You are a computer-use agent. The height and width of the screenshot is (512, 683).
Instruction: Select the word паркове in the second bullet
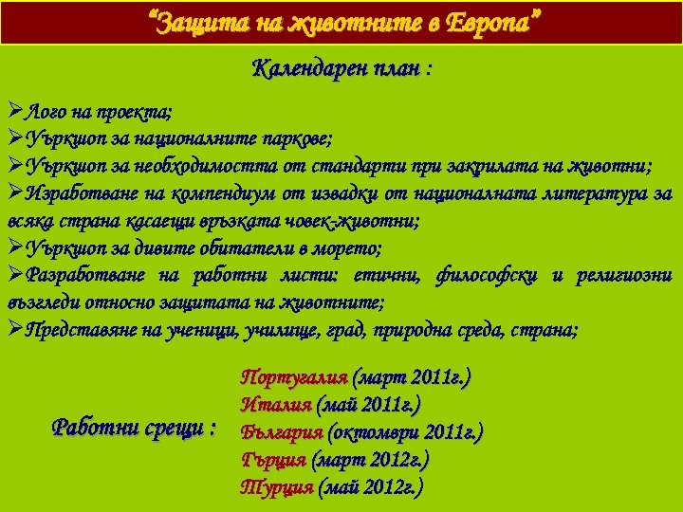294,138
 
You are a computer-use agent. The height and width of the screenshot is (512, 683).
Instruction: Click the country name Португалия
293,376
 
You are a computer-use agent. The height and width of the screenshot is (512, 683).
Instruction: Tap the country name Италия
276,405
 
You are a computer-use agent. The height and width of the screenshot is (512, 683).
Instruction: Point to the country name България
281,432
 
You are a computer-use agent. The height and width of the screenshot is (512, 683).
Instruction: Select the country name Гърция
274,460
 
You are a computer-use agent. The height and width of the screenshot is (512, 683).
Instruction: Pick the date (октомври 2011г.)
404,432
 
